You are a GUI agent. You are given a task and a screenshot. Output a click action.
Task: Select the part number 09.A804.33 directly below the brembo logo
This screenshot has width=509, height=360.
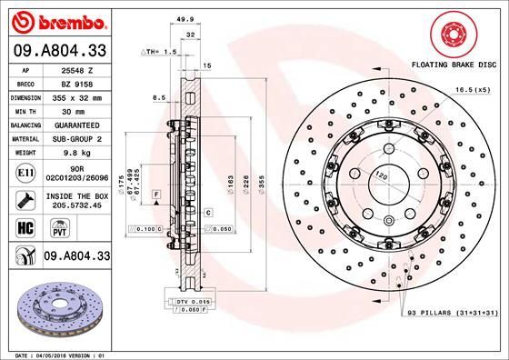[59, 52]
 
